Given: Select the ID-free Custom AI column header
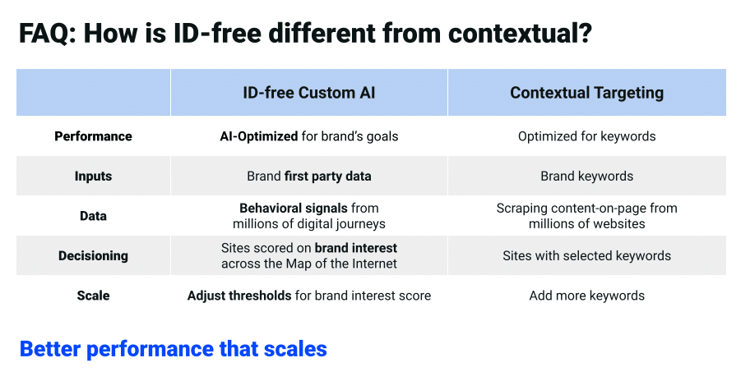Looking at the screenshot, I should point(308,93).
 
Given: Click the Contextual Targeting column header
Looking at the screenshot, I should point(586,93).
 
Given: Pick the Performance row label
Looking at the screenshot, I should point(93,136).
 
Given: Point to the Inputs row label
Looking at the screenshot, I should point(93,176).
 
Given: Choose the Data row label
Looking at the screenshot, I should point(93,216).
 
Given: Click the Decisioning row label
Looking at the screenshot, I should point(93,255).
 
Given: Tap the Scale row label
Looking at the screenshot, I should point(93,296).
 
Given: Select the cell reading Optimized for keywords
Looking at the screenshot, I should point(586,136).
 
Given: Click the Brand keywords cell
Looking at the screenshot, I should point(586,176).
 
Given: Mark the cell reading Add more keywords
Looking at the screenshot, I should point(586,296).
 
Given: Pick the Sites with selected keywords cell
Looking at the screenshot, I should point(586,255).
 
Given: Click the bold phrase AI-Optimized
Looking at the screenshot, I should point(253,136).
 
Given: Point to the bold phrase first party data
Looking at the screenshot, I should point(327,176).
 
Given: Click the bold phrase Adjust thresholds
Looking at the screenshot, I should point(239,296).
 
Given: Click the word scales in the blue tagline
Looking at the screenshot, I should point(294,348).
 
